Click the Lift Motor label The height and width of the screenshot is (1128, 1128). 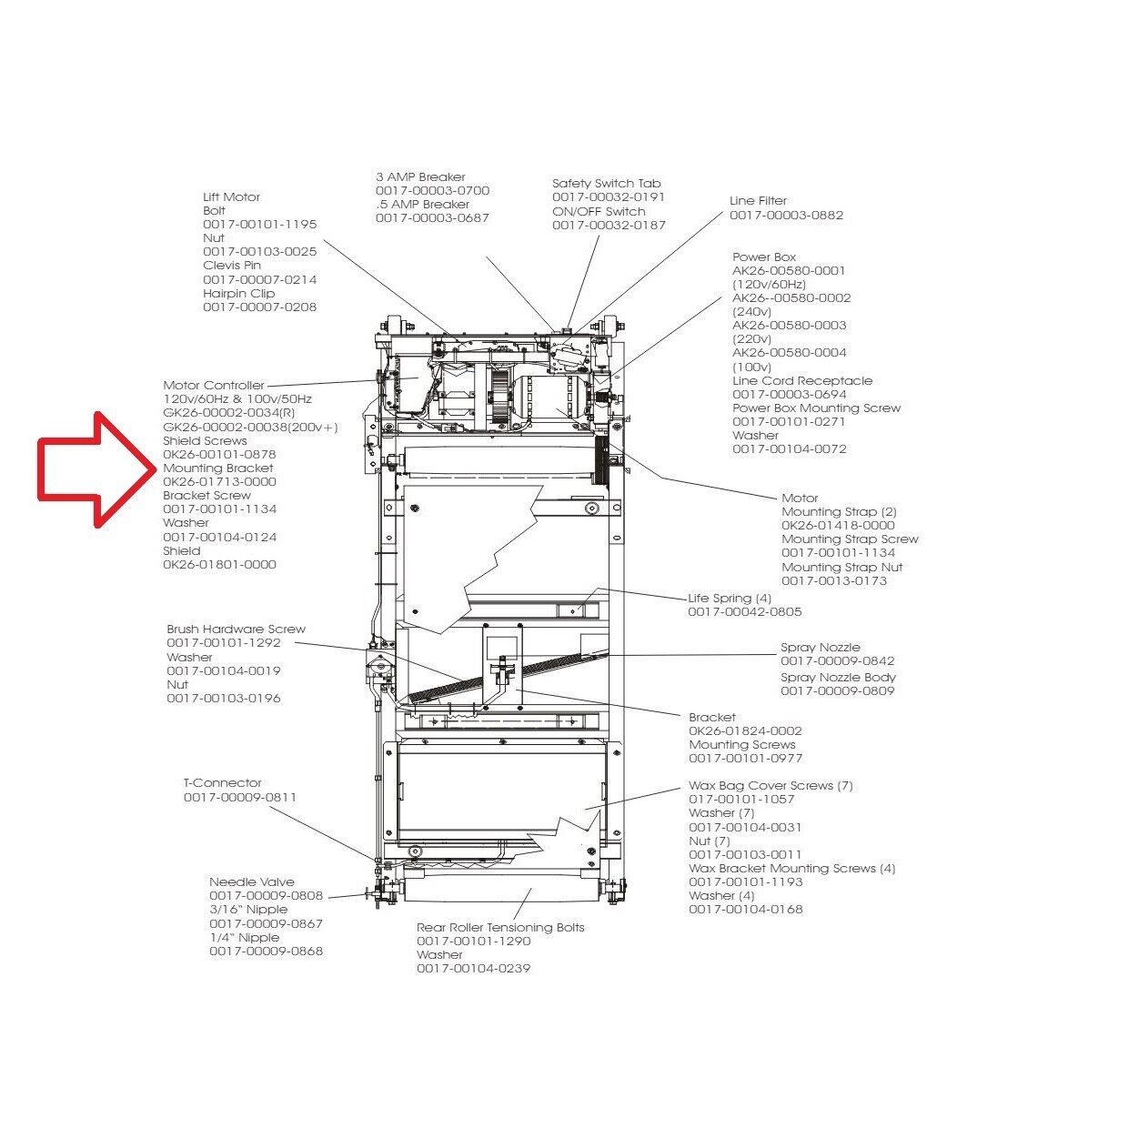(231, 196)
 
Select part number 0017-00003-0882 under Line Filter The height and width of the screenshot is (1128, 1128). (786, 215)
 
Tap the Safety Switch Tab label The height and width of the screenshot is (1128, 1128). (606, 183)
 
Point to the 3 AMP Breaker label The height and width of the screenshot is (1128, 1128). (420, 176)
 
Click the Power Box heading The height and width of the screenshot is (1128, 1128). (764, 257)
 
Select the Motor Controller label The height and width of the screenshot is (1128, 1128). (214, 385)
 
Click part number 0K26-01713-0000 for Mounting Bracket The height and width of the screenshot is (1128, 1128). (219, 481)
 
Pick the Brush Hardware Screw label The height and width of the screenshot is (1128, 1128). (236, 629)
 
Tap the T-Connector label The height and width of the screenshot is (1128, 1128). (222, 782)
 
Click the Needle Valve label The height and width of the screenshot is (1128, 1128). (252, 881)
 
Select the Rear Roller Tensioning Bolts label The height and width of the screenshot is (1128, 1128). (500, 927)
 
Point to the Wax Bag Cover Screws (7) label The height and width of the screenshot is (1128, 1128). (770, 785)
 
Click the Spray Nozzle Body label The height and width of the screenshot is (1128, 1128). (838, 677)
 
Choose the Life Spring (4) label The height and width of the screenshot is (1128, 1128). (730, 598)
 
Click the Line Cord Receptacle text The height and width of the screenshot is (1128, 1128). (802, 380)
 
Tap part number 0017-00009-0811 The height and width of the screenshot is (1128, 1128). (240, 797)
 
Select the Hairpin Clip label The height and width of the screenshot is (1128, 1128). (238, 293)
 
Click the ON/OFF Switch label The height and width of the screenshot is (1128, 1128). (599, 211)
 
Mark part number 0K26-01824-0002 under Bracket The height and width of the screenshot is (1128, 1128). (745, 730)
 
